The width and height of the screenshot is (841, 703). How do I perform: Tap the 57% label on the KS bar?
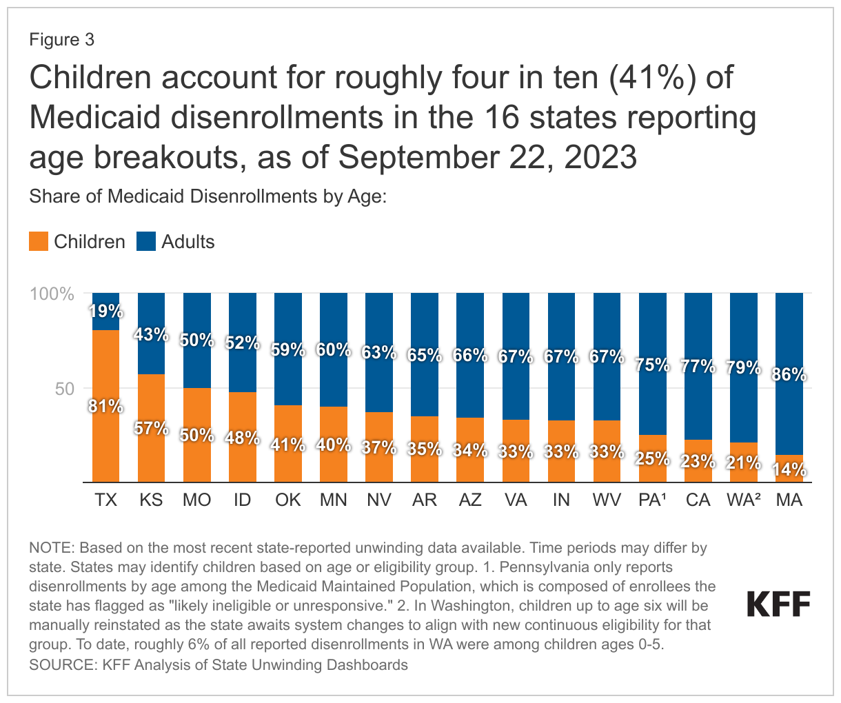152,428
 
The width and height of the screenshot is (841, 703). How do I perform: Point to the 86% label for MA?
789,375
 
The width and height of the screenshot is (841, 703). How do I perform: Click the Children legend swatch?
39,242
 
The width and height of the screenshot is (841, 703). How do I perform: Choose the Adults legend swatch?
146,242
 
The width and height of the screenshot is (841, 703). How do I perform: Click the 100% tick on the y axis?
52,294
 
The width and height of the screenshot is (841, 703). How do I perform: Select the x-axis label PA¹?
653,500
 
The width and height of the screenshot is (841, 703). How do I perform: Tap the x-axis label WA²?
744,500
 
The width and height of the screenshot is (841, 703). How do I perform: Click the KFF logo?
779,604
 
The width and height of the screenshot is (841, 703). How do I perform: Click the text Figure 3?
61,40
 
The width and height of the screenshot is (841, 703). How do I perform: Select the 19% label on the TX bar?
105,311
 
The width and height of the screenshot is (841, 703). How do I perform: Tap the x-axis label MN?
334,500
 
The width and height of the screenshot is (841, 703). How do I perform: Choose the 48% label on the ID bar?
243,438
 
